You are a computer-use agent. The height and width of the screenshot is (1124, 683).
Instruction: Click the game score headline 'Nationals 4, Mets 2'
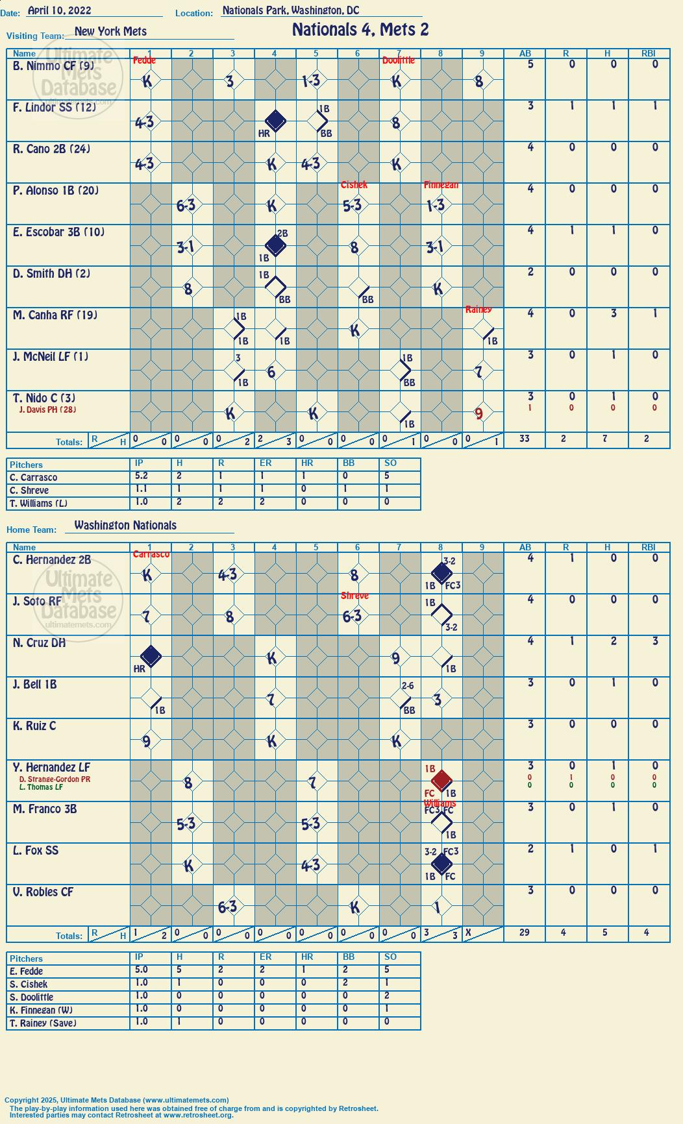(360, 30)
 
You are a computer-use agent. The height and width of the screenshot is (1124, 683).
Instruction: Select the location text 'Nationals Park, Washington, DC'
(290, 10)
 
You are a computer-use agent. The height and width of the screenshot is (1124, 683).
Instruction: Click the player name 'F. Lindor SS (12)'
(55, 108)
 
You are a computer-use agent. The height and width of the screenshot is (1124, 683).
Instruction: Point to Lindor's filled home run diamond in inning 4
(275, 121)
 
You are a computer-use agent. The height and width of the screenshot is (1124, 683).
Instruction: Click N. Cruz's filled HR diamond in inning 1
(151, 656)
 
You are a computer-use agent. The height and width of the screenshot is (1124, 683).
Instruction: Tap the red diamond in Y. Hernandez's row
(441, 780)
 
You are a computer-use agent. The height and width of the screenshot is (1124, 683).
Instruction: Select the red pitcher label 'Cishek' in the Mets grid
(354, 185)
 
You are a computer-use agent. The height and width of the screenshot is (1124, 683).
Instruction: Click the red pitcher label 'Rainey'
(478, 310)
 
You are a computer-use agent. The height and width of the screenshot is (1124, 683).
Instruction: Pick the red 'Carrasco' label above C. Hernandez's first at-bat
(151, 554)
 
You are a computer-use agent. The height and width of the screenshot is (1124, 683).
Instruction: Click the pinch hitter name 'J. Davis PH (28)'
(47, 409)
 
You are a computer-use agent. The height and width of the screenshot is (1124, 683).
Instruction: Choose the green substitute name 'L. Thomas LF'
(41, 787)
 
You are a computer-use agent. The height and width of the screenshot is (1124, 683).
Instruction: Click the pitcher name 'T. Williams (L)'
(38, 504)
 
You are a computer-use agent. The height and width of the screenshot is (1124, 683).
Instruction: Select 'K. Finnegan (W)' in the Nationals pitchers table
(41, 1010)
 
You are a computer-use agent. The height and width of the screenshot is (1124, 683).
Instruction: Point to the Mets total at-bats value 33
(525, 439)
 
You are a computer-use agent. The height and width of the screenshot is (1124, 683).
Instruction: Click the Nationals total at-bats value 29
(525, 933)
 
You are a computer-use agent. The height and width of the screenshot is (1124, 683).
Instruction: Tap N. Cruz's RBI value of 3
(655, 641)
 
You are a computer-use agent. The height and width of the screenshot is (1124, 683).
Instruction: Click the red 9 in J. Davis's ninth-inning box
(479, 413)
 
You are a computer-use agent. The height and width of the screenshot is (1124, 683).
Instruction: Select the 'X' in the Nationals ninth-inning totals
(468, 931)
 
